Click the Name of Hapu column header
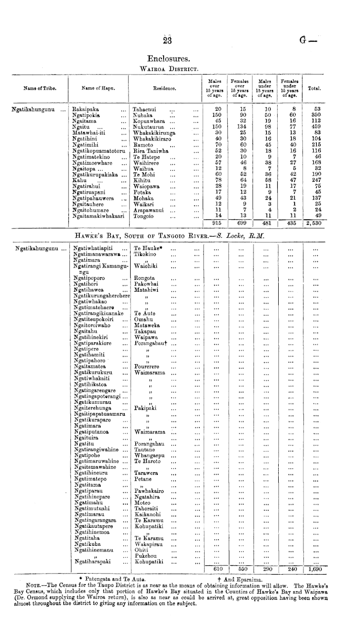click(x=98, y=88)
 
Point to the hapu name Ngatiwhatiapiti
click(x=93, y=247)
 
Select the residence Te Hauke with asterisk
click(x=149, y=247)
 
